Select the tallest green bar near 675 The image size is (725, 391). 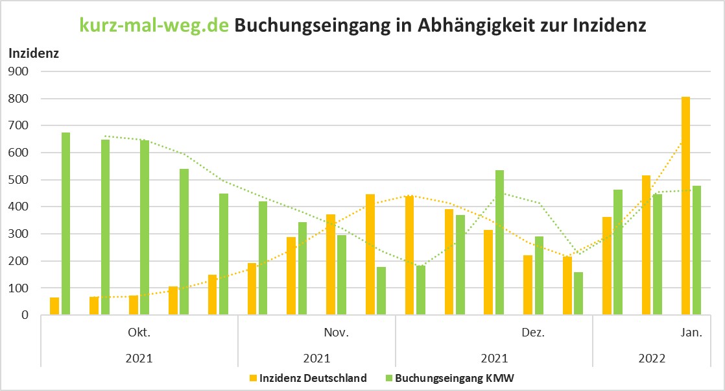point(65,223)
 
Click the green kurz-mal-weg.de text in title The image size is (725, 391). point(154,25)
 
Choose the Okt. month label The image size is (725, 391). point(139,333)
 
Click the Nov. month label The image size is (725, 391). point(337,333)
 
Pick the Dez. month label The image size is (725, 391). point(533,333)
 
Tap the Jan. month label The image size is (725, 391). point(691,333)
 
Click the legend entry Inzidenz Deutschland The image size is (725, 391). point(313,378)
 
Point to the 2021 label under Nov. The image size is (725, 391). point(316,358)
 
